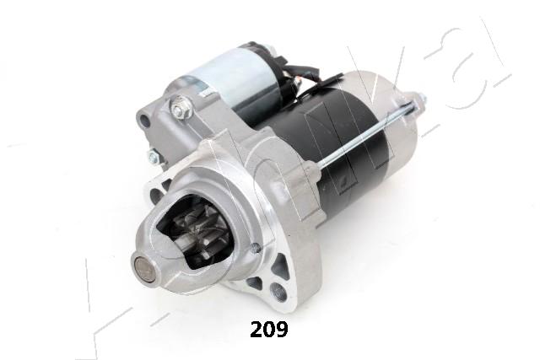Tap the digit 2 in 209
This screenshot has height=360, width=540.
coord(255,330)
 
